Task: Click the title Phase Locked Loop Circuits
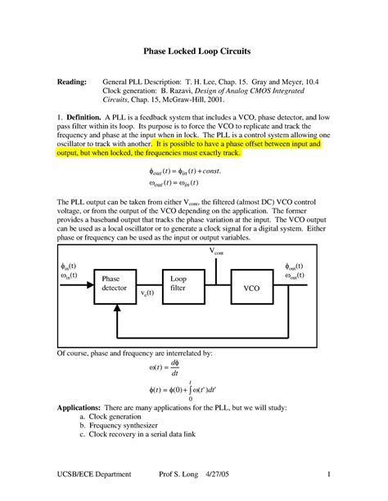[193, 51]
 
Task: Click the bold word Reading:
[71, 83]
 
